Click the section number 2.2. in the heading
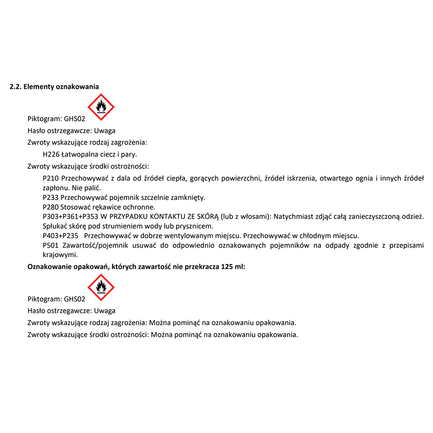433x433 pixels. (x=16, y=87)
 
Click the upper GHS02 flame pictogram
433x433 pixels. (x=101, y=107)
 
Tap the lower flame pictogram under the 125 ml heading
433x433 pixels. (x=101, y=288)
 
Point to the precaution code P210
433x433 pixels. (x=51, y=178)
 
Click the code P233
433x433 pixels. (x=51, y=197)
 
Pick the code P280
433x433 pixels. (x=51, y=207)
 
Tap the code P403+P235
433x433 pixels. (x=61, y=236)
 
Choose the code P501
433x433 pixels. (x=51, y=246)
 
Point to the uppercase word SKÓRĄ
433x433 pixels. (x=208, y=216)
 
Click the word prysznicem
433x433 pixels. (x=196, y=226)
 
